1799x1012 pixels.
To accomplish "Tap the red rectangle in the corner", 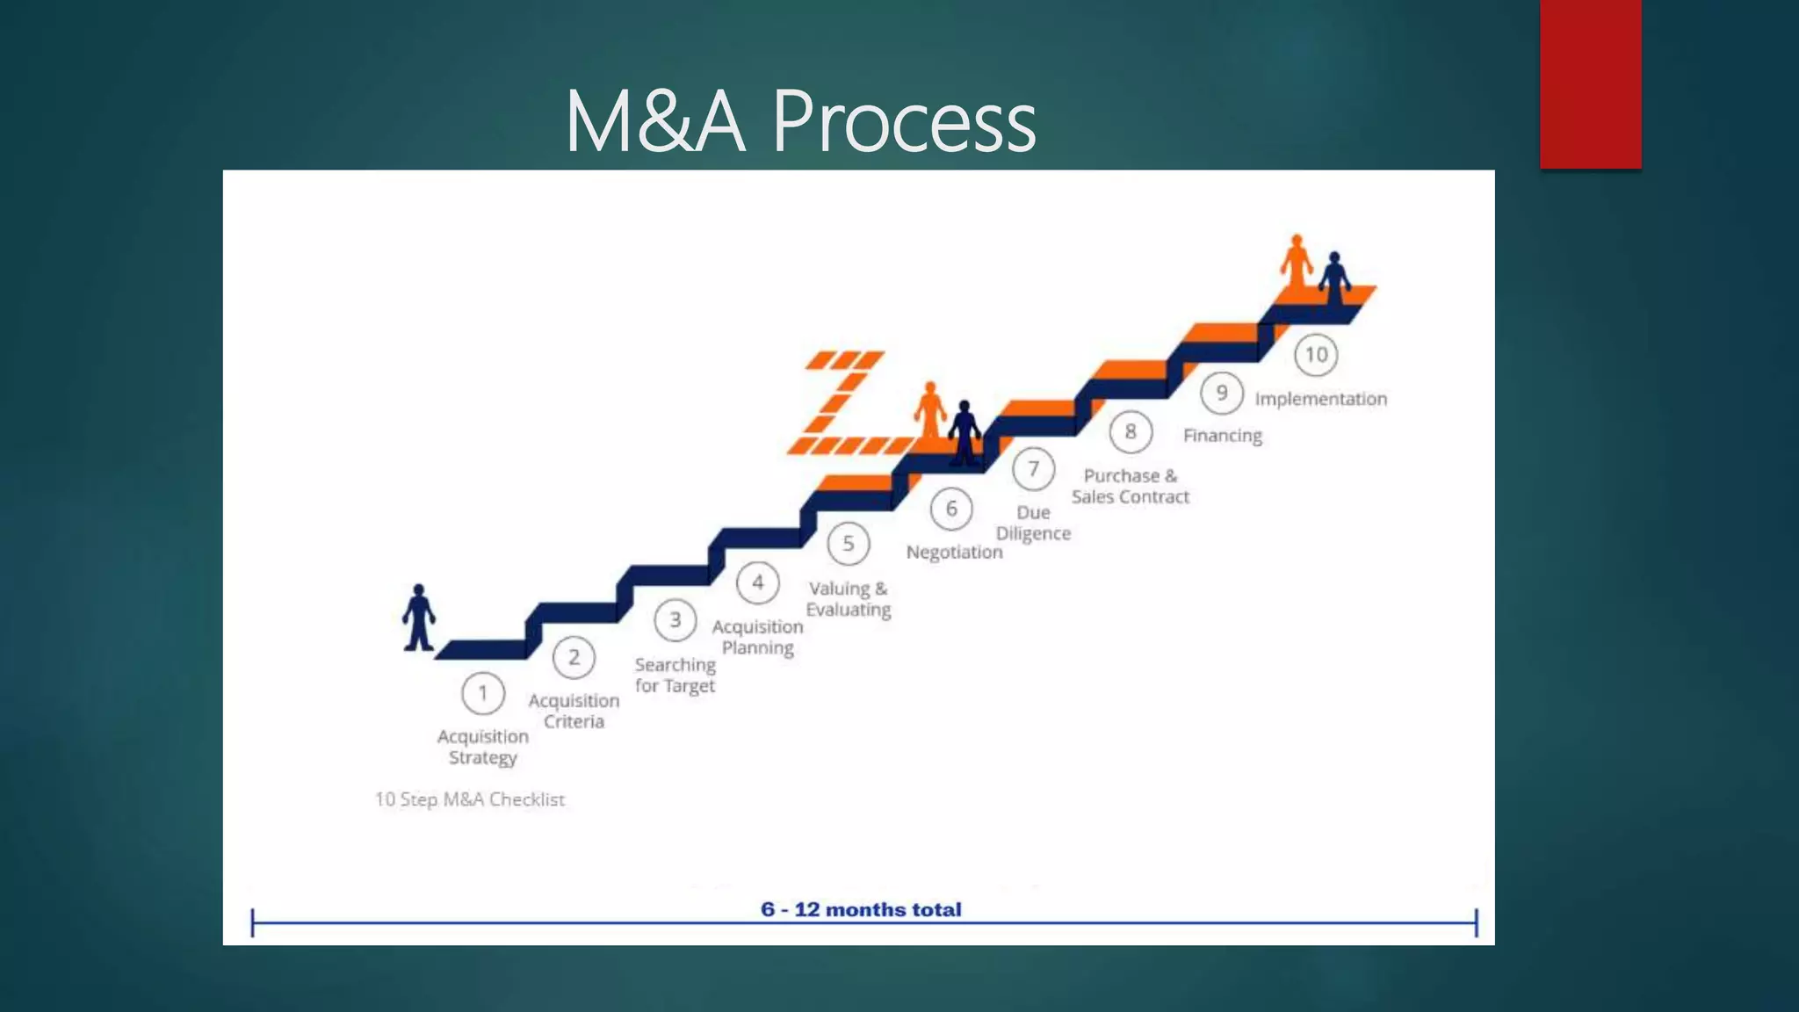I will click(1590, 83).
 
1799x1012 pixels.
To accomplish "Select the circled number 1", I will click(482, 694).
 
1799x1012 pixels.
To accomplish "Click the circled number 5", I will click(848, 544).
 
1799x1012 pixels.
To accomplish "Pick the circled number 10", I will click(1316, 355).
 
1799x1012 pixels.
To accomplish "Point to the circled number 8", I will click(1131, 432).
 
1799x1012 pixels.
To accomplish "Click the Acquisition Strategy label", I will click(482, 747).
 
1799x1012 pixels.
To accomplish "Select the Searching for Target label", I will click(675, 676).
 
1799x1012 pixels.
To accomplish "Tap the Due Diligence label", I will click(1033, 523).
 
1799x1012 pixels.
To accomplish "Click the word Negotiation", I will click(954, 553).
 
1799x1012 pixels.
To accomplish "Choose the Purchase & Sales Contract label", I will click(1130, 486).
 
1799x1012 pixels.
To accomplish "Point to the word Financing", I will click(1222, 436).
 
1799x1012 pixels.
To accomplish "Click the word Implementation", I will click(1320, 399).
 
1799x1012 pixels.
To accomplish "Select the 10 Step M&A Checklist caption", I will click(469, 799).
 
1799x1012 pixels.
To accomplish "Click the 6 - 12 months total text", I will click(861, 909).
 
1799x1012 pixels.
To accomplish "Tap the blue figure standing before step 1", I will click(419, 618).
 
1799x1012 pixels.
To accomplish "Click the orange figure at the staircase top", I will click(1296, 261).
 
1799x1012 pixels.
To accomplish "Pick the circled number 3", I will click(675, 620).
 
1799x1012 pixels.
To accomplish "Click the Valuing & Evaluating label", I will click(848, 599).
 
